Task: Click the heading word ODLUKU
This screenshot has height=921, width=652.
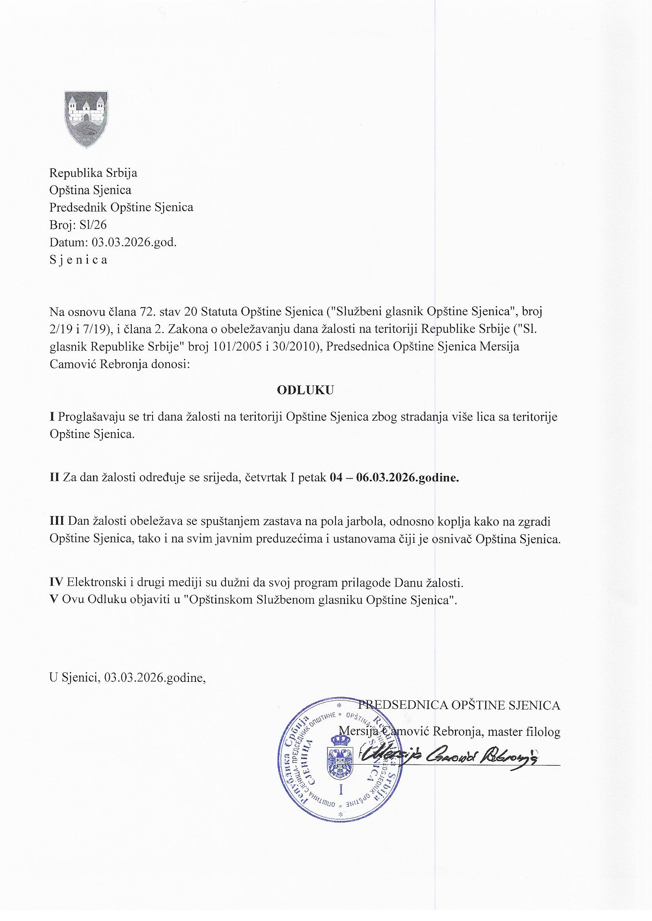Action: [x=305, y=391]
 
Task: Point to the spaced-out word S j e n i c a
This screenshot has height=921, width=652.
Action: [x=78, y=260]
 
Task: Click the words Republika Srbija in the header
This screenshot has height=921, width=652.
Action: [x=93, y=173]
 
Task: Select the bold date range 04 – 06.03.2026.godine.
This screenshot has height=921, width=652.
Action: [x=394, y=478]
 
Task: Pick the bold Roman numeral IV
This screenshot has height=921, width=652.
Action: [x=58, y=582]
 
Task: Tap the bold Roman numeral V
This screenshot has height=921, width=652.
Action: [x=52, y=600]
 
